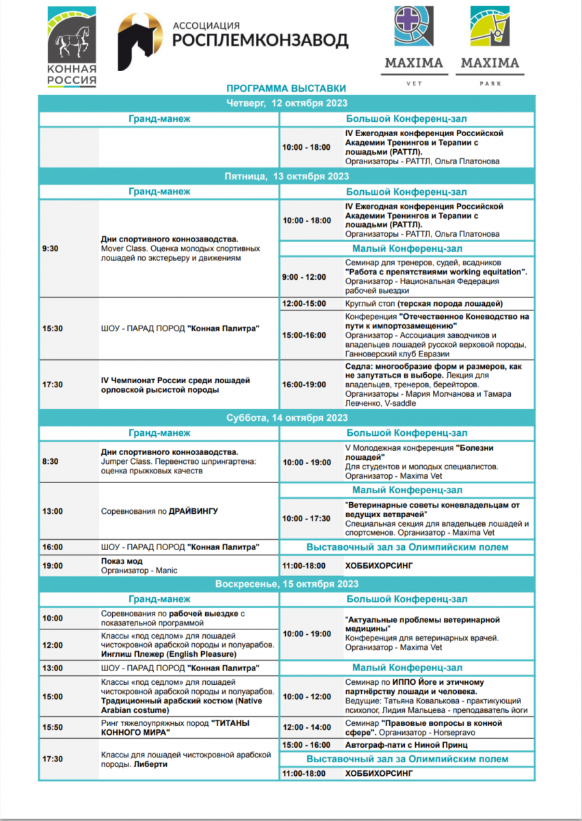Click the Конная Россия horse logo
point(72,47)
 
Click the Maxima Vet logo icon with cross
point(413,26)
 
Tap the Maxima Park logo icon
point(489,26)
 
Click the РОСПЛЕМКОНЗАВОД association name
point(260,40)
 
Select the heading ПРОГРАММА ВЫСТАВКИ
point(287,88)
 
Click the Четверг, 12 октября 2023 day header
point(287,103)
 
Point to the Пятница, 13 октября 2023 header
point(287,176)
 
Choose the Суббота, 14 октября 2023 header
point(287,417)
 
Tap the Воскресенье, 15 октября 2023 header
point(287,584)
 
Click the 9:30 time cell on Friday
point(50,248)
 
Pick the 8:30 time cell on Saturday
point(50,462)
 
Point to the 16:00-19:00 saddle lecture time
point(304,385)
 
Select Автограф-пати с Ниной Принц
point(406,744)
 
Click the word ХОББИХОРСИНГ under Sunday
point(380,773)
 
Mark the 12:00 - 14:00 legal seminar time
point(306,727)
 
